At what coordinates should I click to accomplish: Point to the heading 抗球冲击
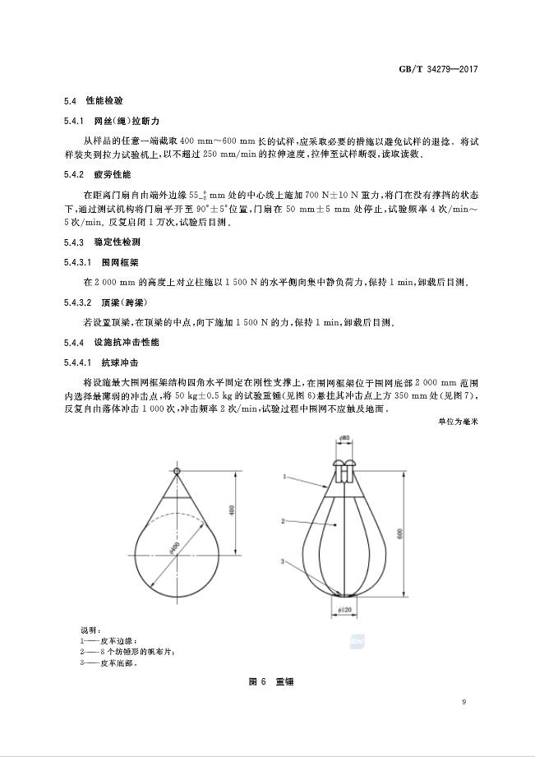(119, 362)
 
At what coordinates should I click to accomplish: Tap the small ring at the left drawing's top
(177, 471)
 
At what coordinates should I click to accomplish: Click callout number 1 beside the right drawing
(284, 475)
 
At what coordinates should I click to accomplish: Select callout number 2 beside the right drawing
(284, 521)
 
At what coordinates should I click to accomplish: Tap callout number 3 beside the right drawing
(284, 562)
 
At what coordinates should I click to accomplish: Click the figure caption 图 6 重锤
(266, 682)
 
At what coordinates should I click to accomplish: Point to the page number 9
(464, 701)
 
